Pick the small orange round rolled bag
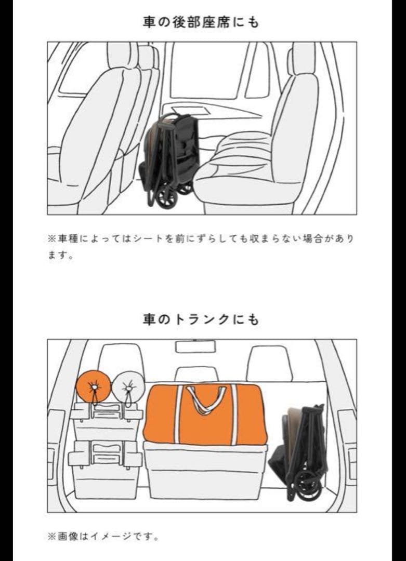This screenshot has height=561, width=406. click(x=93, y=386)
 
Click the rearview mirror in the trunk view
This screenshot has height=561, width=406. click(x=195, y=346)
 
